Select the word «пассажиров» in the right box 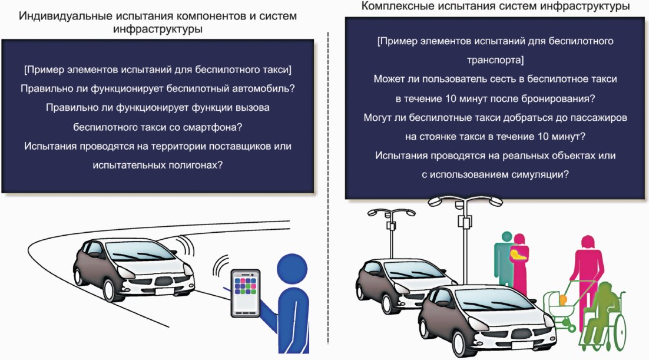click(x=597, y=117)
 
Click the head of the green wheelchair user click(x=606, y=289)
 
